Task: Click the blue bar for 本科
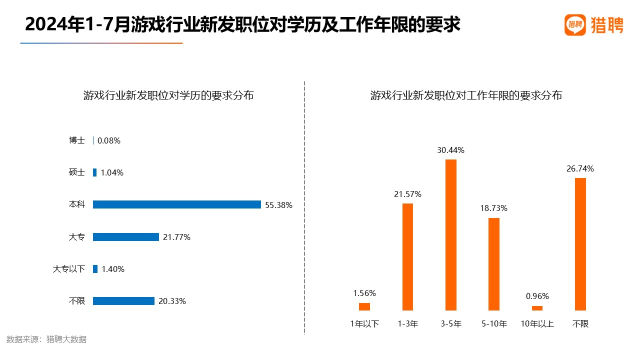coord(177,204)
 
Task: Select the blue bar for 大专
coord(126,237)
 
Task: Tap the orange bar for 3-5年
coord(451,235)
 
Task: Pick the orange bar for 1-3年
coord(407,257)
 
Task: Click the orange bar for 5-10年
coord(494,264)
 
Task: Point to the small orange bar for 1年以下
coord(364,306)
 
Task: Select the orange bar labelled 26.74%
coord(580,244)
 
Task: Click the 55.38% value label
coord(278,205)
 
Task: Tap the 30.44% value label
coord(451,150)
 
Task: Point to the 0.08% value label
coord(109,141)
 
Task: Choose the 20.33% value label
coord(172,301)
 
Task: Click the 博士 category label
coord(77,140)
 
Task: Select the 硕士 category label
coord(77,172)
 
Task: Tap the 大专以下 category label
coord(69,269)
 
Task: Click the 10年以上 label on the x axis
coord(537,324)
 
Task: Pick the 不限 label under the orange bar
coord(580,324)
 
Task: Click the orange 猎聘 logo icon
coord(575,25)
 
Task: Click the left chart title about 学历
coord(168,95)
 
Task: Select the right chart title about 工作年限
coord(466,95)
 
